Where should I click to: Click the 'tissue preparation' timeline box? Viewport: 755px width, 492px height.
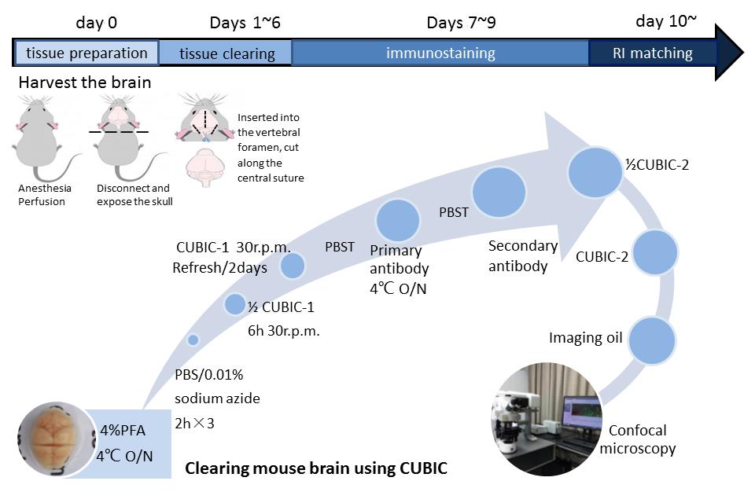(87, 53)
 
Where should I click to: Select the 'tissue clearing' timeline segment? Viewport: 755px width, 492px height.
(226, 53)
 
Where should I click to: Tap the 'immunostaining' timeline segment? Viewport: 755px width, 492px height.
(440, 53)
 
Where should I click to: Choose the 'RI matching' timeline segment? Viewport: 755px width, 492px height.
(652, 53)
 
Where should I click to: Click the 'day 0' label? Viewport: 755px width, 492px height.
(96, 22)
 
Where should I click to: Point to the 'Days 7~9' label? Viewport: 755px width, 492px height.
(461, 22)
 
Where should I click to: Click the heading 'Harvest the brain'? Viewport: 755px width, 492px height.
(84, 83)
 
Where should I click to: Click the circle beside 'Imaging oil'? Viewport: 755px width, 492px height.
(652, 340)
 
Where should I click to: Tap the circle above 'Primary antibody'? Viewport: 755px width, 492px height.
(398, 221)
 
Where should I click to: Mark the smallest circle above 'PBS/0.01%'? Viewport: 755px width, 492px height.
(193, 340)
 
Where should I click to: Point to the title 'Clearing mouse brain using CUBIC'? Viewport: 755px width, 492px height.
(316, 469)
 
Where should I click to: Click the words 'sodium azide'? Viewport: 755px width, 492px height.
(216, 398)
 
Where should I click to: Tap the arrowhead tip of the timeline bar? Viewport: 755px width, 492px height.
(739, 53)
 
